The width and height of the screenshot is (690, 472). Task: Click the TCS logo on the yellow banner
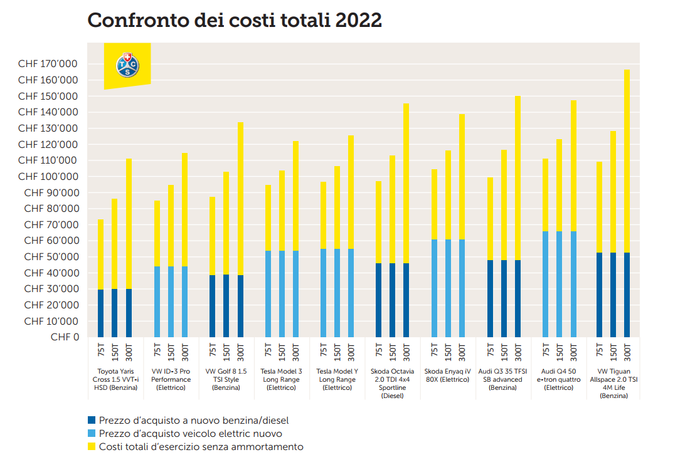pos(127,65)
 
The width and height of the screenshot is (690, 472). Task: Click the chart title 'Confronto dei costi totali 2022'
pos(235,20)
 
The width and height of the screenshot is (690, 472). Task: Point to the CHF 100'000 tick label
pos(48,177)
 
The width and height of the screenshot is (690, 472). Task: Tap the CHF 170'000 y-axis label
pos(48,64)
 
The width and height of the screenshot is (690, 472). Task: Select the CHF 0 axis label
pos(66,337)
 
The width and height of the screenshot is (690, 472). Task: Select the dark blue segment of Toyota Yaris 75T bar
pos(101,313)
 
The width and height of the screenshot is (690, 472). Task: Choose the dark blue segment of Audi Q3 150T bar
pos(504,298)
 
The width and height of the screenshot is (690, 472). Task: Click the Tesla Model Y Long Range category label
pos(337,379)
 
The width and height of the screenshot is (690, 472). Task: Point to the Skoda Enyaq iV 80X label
pos(448,375)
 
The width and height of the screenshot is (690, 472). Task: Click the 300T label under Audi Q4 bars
pos(573,351)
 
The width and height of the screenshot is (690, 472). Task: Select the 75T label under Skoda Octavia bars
pos(379,351)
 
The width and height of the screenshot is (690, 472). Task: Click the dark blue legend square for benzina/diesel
pos(92,420)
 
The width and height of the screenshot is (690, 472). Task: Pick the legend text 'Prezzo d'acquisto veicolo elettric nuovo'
pos(191,433)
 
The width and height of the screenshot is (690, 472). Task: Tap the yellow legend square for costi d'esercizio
pos(92,447)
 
